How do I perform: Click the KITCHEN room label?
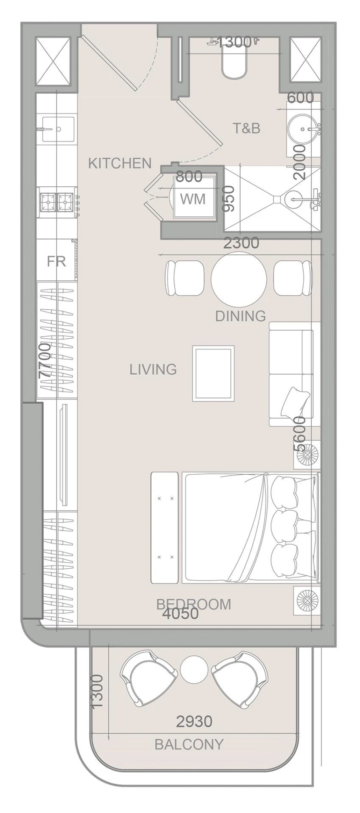pyautogui.click(x=120, y=163)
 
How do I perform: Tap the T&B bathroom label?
pyautogui.click(x=246, y=128)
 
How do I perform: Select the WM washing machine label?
pyautogui.click(x=193, y=198)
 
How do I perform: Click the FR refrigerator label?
pyautogui.click(x=56, y=261)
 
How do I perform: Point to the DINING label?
pyautogui.click(x=240, y=316)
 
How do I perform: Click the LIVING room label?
pyautogui.click(x=153, y=369)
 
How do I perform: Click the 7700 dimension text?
pyautogui.click(x=45, y=360)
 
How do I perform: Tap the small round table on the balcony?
pyautogui.click(x=194, y=669)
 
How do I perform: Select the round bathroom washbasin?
pyautogui.click(x=303, y=130)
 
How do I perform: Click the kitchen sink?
pyautogui.click(x=58, y=129)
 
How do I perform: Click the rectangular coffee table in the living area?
pyautogui.click(x=213, y=373)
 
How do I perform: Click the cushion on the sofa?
pyautogui.click(x=295, y=402)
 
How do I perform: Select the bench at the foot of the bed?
pyautogui.click(x=164, y=527)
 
